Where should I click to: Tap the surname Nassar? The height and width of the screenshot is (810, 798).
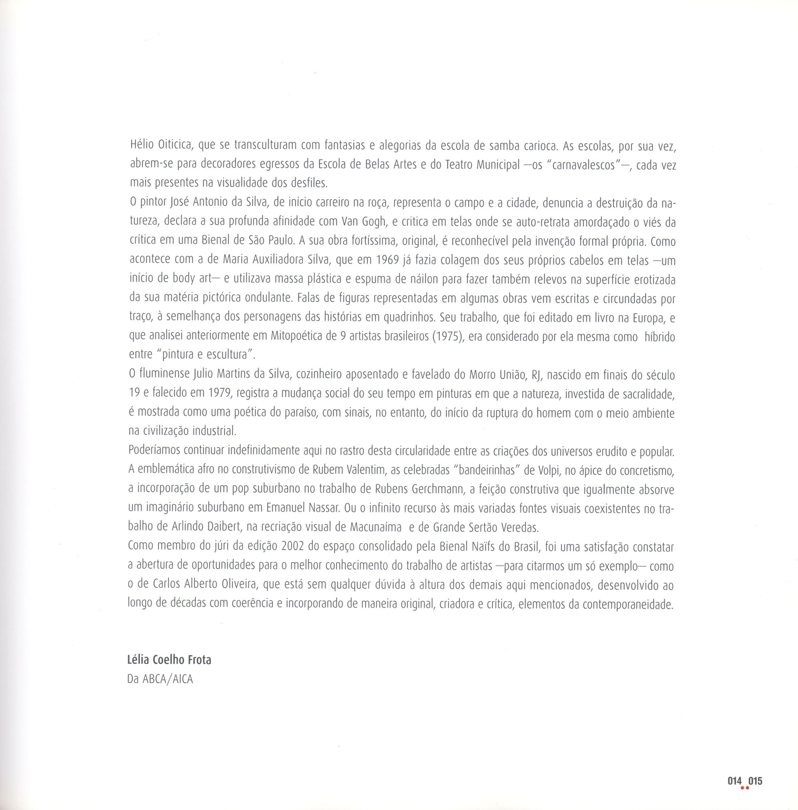tap(323, 508)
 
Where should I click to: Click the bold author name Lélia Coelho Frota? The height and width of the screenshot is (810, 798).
tap(169, 660)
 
